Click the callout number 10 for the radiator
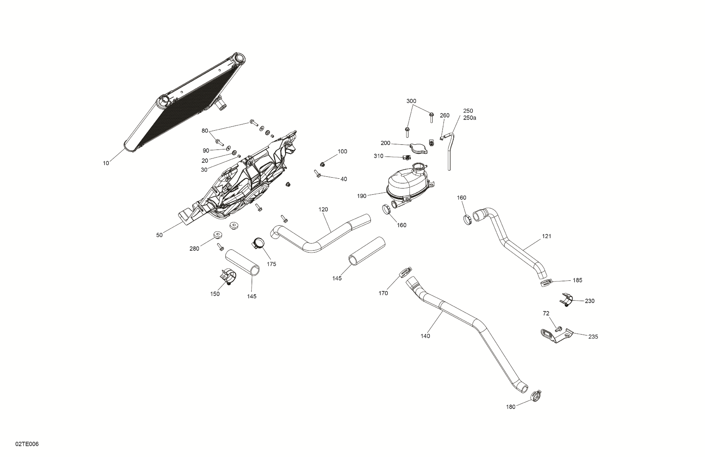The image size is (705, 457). coord(106,163)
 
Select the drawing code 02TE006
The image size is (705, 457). coord(27,444)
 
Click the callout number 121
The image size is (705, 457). coord(547,236)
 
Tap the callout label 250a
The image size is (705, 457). coord(469,118)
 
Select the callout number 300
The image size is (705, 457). coord(411,101)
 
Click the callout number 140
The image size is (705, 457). coord(425,336)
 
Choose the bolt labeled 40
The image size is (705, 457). coord(317,174)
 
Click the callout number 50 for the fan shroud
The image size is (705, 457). coord(159,235)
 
